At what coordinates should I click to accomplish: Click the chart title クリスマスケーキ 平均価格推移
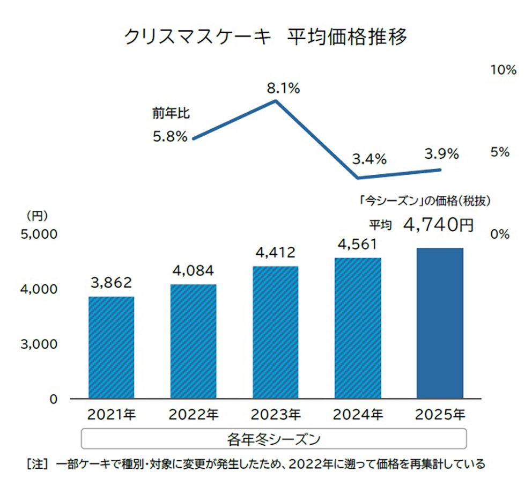(x=265, y=38)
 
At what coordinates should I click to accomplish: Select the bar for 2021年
(x=111, y=347)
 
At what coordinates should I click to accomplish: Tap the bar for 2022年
(x=193, y=341)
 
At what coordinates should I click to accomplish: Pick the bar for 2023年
(x=275, y=332)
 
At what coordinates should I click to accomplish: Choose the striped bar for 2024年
(x=357, y=328)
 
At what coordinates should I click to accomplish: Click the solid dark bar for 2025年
(x=440, y=323)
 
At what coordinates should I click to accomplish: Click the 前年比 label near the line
(x=171, y=114)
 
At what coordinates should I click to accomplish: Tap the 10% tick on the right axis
(x=503, y=70)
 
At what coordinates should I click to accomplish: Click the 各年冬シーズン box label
(x=274, y=439)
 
